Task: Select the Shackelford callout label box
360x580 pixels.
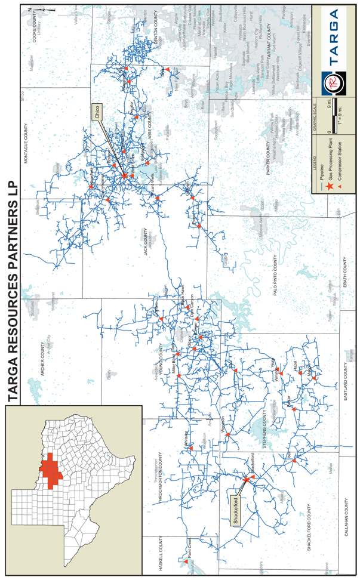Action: [x=236, y=502]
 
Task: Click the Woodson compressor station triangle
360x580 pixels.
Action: [x=228, y=435]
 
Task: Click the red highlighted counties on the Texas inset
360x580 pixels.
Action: [x=50, y=471]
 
